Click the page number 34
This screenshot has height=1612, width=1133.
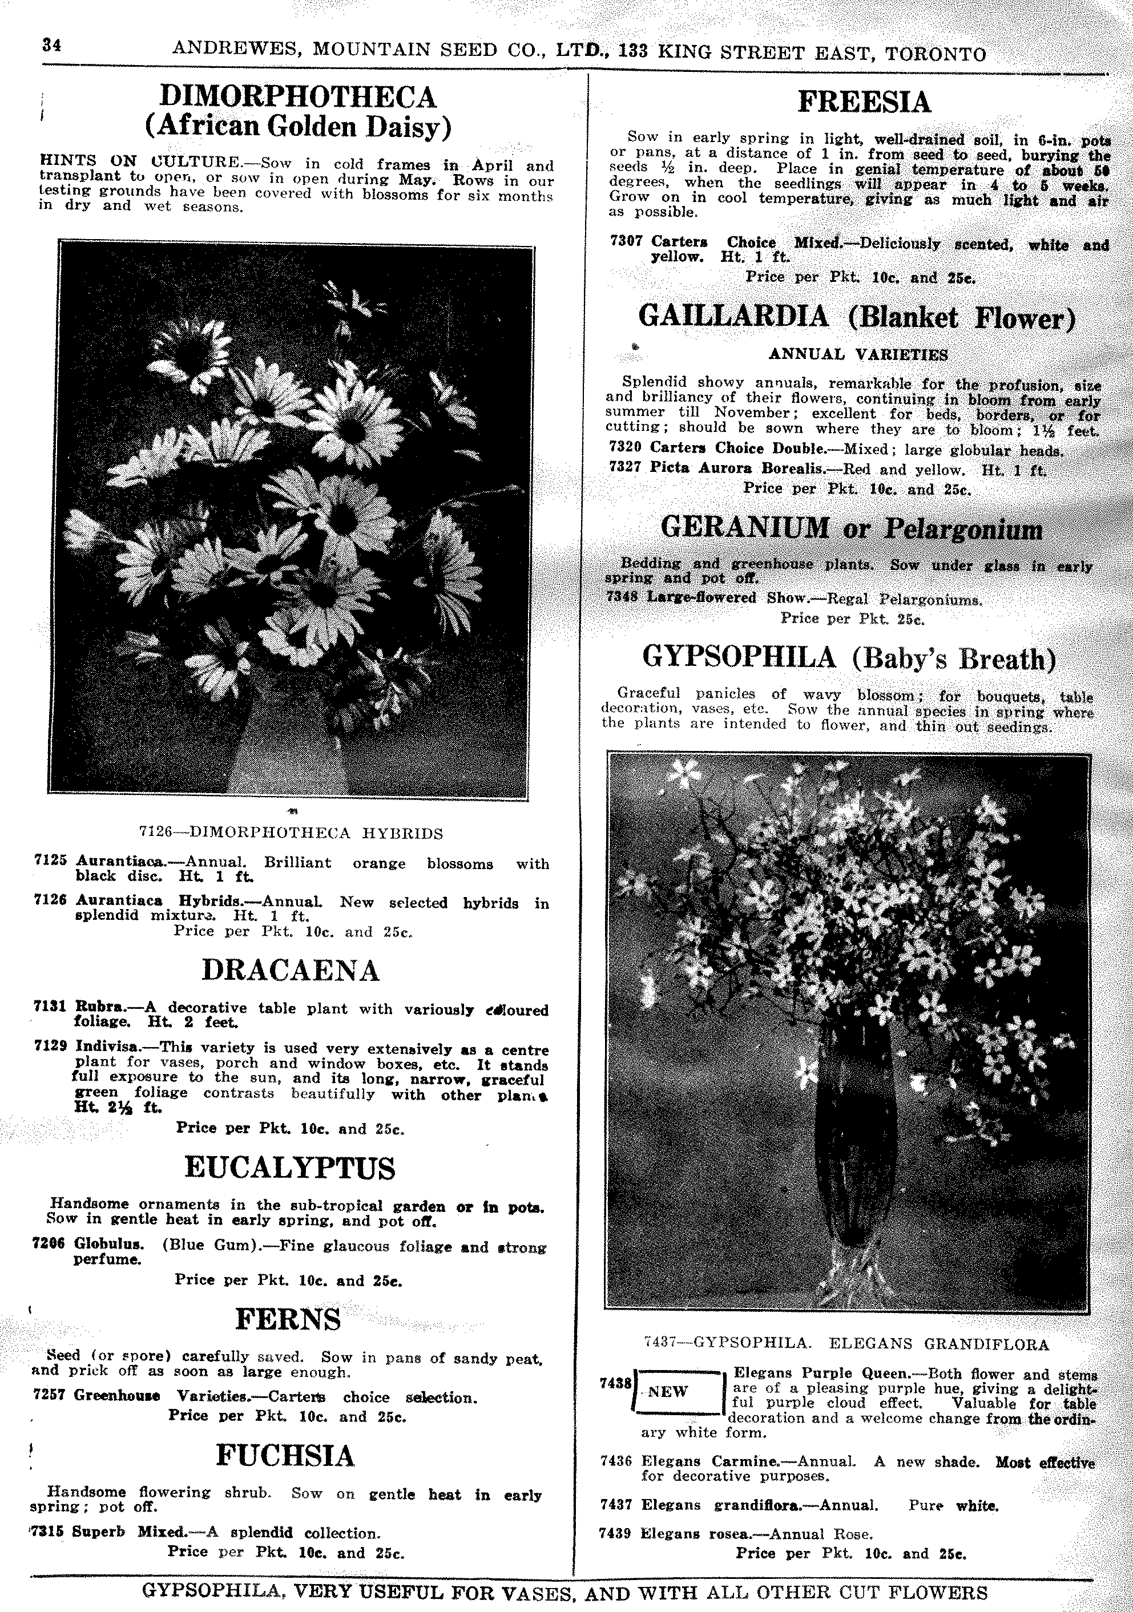(x=51, y=46)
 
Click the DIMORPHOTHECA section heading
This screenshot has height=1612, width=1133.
(x=298, y=96)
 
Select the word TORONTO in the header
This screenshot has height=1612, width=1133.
(x=936, y=54)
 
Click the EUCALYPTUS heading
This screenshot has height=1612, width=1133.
(x=289, y=1167)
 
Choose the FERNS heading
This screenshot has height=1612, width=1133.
(x=288, y=1319)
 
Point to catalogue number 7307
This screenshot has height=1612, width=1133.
(x=626, y=241)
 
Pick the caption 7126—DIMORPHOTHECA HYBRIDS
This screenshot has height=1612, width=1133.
(x=291, y=833)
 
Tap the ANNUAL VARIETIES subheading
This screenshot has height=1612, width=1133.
(x=858, y=354)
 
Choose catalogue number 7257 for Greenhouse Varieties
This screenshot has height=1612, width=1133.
(x=49, y=1395)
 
